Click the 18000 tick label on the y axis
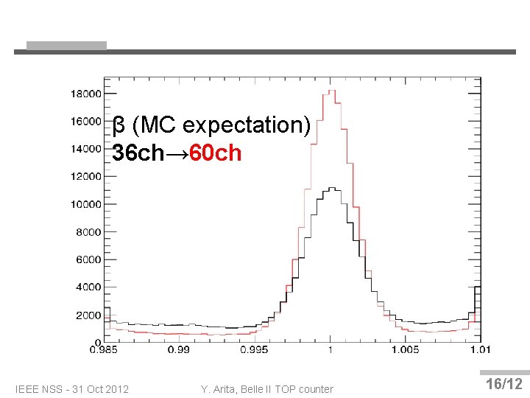point(85,94)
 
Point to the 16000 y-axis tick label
point(85,121)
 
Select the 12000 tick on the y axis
point(85,176)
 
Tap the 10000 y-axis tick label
point(85,204)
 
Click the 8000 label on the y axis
point(88,232)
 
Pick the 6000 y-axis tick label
point(88,259)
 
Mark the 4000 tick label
point(88,287)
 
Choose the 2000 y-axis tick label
point(88,315)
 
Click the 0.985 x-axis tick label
point(104,349)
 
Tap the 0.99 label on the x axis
point(179,349)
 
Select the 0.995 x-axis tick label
point(255,349)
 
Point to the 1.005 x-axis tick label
point(405,349)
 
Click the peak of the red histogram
point(331,91)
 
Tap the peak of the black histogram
point(331,188)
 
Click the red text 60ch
point(215,153)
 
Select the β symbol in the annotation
point(118,126)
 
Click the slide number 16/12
point(504,384)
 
